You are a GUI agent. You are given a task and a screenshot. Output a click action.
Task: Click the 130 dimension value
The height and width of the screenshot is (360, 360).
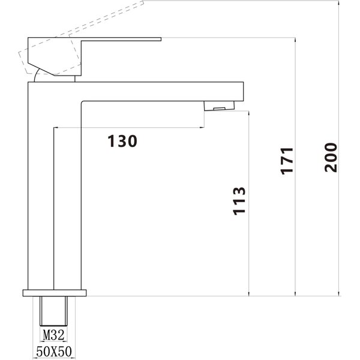click(x=122, y=141)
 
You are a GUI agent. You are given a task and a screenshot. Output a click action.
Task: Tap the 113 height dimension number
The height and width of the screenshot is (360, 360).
click(x=239, y=201)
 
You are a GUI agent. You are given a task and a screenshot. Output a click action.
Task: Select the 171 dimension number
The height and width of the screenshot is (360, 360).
click(x=287, y=161)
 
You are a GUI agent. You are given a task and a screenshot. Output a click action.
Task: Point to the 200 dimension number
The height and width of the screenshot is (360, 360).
click(x=331, y=157)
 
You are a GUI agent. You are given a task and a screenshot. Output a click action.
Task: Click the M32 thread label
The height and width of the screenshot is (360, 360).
click(x=53, y=335)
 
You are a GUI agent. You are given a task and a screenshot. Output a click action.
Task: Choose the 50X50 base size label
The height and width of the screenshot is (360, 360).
click(x=54, y=351)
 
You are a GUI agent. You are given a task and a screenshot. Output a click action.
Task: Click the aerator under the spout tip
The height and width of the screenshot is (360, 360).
click(x=219, y=106)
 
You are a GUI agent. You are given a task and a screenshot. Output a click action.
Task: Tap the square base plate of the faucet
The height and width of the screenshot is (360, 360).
click(x=55, y=293)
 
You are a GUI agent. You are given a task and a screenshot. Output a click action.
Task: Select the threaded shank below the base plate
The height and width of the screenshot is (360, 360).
click(x=54, y=311)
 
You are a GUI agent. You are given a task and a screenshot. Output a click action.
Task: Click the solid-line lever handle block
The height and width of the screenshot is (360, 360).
click(x=55, y=56)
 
